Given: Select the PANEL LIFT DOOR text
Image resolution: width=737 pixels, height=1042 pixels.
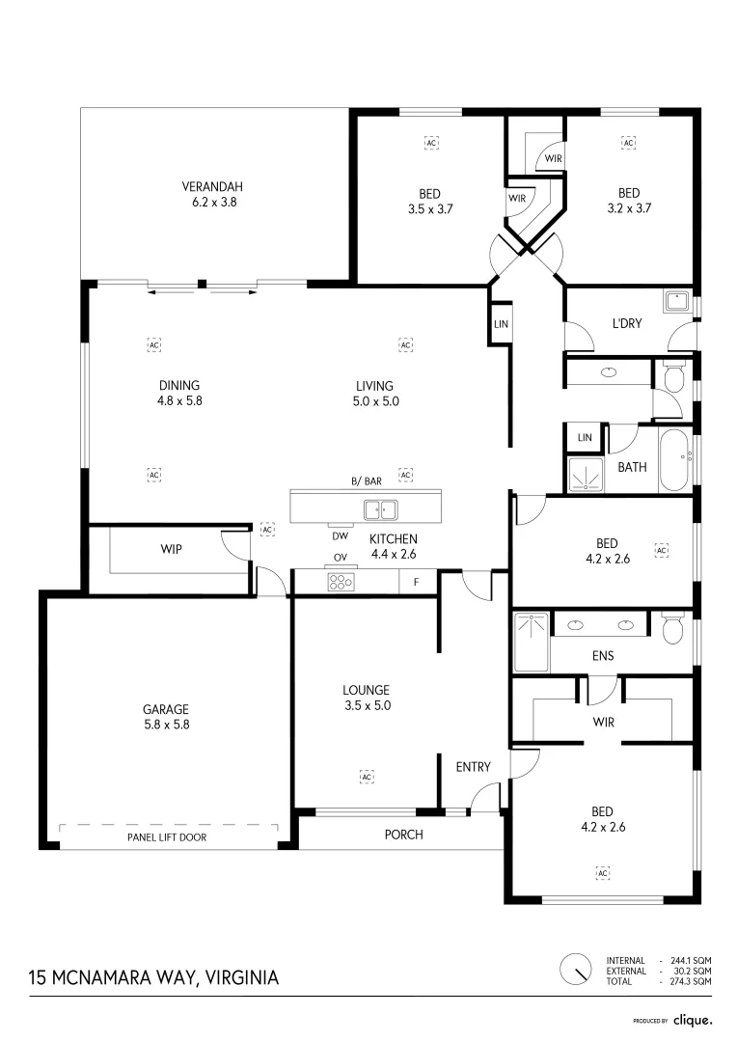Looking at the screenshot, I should (167, 837).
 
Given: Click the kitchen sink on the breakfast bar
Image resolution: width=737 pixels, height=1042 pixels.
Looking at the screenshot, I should (380, 508).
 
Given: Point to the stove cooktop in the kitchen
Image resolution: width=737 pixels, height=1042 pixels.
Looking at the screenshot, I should (341, 582).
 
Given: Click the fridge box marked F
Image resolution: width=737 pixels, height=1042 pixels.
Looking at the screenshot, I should (416, 582).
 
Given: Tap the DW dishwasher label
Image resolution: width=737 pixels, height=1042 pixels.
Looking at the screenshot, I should (340, 536).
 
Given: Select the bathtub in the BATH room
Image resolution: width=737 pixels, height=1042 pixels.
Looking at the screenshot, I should (673, 462).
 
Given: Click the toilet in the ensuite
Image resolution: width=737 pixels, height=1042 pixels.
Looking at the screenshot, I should (673, 629).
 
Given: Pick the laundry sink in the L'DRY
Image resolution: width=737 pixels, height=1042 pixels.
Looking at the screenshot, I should (678, 301).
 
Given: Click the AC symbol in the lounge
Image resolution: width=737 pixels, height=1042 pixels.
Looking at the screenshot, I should (367, 777).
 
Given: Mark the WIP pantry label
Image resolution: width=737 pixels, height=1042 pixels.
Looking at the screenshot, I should (171, 549).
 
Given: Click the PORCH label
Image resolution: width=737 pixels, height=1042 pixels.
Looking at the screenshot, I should (403, 835).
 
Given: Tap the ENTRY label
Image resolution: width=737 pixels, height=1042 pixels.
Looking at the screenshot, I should (474, 767).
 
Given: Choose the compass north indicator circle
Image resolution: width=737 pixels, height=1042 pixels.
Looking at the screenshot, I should (576, 968).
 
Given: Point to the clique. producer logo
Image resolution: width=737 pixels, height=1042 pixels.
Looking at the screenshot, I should (692, 1020).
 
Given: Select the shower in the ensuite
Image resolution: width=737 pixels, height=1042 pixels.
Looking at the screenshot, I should (531, 642).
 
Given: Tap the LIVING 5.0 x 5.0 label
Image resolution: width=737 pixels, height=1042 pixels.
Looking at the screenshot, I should (377, 393).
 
